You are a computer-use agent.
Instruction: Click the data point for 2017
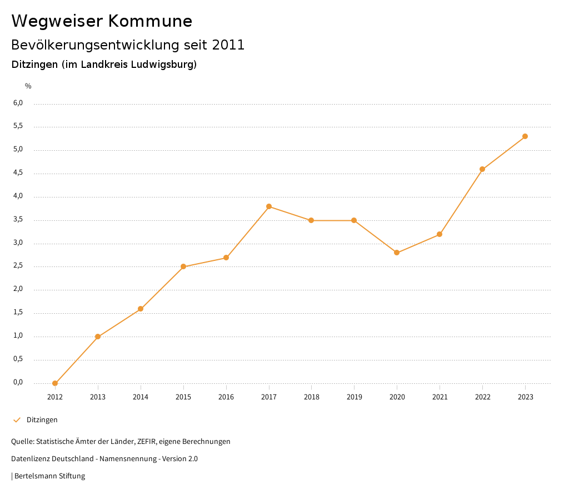269,206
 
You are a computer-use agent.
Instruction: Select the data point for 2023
525,136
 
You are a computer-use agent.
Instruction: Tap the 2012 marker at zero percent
55,383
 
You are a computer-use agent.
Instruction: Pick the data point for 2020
397,253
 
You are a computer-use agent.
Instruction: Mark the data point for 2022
482,169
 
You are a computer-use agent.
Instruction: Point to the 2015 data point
183,266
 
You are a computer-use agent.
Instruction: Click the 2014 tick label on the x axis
141,397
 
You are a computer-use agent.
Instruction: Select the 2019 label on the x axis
354,397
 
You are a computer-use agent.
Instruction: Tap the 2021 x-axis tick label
440,397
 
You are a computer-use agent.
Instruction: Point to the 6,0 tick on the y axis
18,103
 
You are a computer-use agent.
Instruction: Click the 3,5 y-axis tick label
18,220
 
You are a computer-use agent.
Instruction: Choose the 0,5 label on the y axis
18,359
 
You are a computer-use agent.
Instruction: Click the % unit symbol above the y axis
28,86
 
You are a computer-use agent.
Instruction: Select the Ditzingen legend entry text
42,420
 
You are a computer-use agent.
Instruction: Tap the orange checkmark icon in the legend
17,420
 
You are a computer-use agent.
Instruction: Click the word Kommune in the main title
150,21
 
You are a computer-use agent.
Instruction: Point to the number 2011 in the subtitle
228,45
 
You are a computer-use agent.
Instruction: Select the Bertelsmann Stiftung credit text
49,476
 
